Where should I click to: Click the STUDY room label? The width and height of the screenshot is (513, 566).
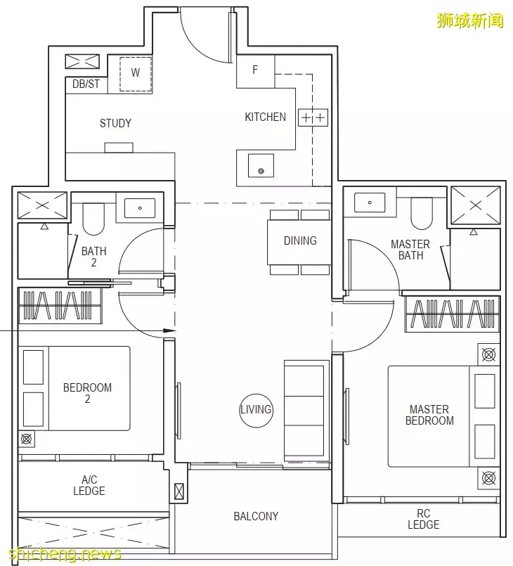pos(115,123)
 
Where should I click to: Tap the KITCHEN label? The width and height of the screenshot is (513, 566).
pos(265,117)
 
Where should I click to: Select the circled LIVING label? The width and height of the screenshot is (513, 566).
pos(256,409)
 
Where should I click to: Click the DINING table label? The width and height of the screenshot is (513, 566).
pos(300,240)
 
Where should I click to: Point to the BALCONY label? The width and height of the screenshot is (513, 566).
pos(256,516)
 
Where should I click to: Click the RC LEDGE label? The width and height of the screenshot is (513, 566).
pos(424,519)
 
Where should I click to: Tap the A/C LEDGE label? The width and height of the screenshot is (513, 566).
pos(89,485)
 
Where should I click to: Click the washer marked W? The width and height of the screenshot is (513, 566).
pos(136,74)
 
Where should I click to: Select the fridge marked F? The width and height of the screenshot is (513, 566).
pos(255,70)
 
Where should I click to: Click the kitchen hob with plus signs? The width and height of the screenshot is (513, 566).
pos(313,117)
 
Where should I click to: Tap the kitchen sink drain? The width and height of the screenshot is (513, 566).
pos(261,171)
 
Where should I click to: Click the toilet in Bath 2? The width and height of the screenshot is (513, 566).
pos(93,219)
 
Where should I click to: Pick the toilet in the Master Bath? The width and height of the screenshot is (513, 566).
pos(422,214)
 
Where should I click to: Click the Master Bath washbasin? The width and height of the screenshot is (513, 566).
pos(370,202)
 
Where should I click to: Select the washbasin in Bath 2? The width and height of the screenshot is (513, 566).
pos(140,208)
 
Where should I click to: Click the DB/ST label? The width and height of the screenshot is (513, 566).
pos(86,84)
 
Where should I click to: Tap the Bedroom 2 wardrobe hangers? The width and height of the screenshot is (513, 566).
pos(58,305)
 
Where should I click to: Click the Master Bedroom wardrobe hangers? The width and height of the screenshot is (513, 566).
pos(453,314)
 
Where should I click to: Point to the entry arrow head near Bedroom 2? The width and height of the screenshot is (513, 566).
pos(169,330)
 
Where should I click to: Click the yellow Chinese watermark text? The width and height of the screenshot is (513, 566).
pos(469,20)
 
